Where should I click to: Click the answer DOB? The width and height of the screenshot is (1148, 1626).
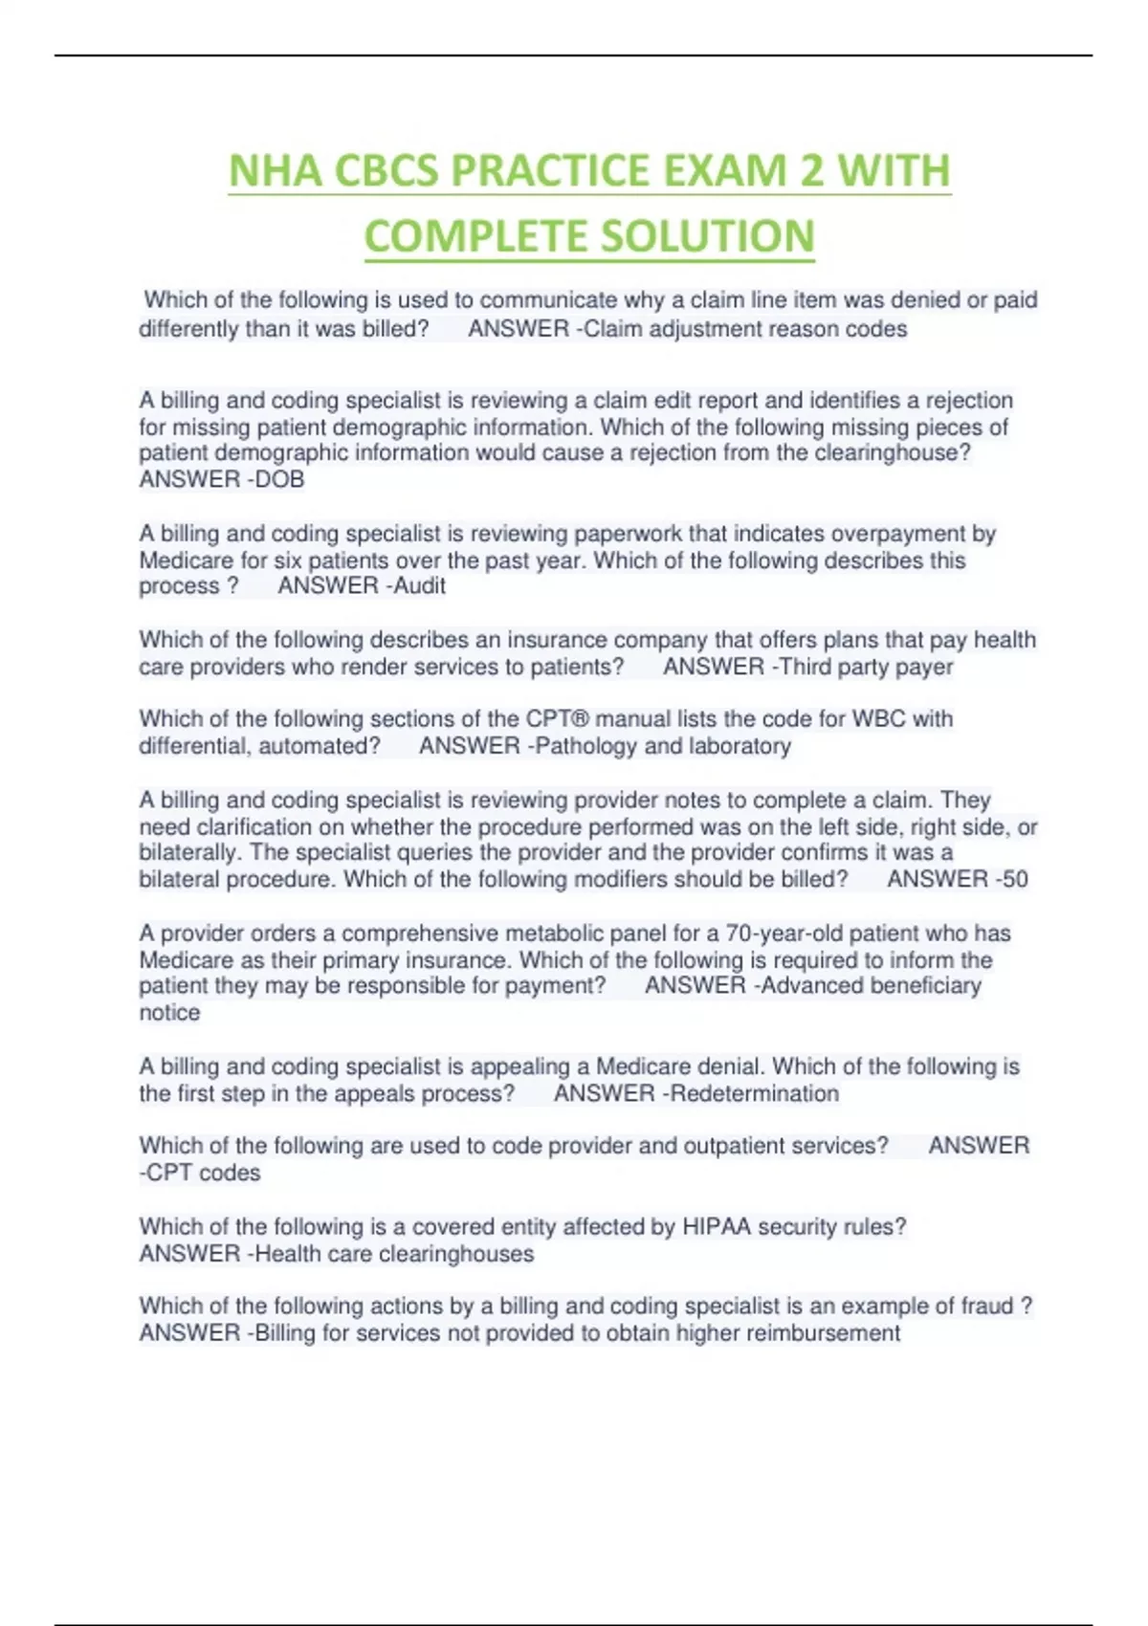(279, 479)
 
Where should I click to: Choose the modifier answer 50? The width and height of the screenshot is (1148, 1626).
(1013, 879)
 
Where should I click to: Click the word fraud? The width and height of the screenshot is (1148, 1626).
(985, 1306)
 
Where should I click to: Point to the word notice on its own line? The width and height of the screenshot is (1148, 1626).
(169, 1012)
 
